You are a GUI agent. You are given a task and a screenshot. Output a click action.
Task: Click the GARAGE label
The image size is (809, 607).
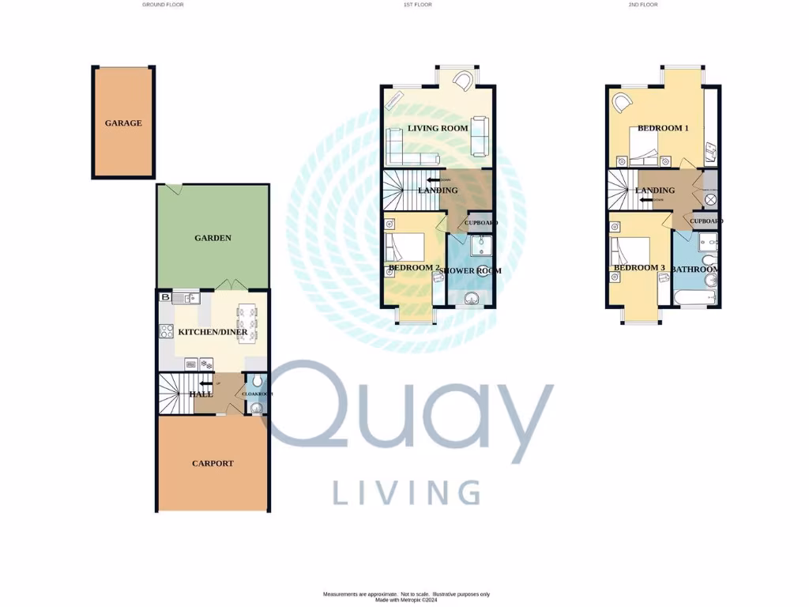click(x=123, y=123)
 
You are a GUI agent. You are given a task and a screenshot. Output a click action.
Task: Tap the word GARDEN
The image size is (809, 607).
click(x=213, y=237)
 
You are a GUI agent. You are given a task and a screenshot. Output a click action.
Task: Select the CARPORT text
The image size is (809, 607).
click(x=213, y=463)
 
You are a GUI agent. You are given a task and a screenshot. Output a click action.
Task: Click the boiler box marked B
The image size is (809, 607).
click(x=165, y=297)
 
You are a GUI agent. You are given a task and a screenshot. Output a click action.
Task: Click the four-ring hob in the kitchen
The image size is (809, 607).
click(x=167, y=332)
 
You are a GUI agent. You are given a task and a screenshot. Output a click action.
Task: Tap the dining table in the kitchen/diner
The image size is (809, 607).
click(x=247, y=323)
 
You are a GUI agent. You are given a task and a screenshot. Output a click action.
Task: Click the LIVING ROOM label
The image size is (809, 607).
click(x=438, y=128)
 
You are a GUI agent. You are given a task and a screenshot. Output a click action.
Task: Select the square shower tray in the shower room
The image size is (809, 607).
click(x=480, y=247)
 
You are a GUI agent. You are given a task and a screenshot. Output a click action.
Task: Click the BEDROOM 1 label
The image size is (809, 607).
click(x=664, y=128)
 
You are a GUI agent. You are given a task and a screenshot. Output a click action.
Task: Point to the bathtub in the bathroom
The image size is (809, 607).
click(x=695, y=298)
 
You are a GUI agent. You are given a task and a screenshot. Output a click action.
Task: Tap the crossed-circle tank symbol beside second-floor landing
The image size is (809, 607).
click(x=710, y=199)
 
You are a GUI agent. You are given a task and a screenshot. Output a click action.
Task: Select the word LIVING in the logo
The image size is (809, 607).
click(x=406, y=492)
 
